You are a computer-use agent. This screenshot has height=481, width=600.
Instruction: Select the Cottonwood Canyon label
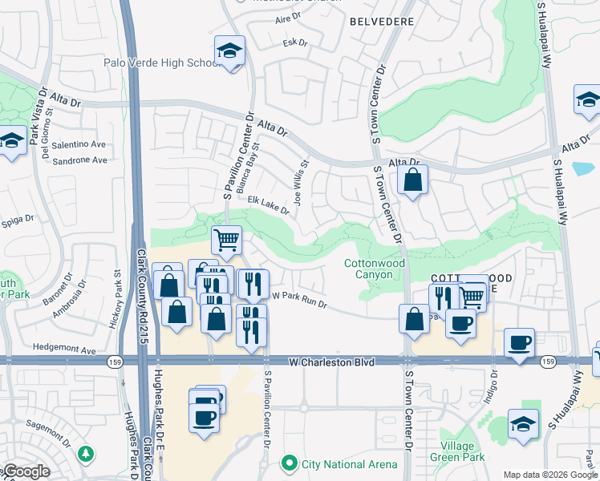tap(368, 269)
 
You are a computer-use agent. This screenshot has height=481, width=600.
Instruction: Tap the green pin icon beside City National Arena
tap(289, 463)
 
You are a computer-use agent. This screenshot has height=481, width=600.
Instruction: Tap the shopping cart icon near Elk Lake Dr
tap(227, 239)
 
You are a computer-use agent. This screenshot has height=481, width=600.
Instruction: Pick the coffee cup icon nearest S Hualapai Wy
tap(519, 342)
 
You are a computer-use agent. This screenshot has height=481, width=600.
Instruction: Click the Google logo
tap(26, 471)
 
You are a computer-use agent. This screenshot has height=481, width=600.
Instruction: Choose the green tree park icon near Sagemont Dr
tap(86, 454)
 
